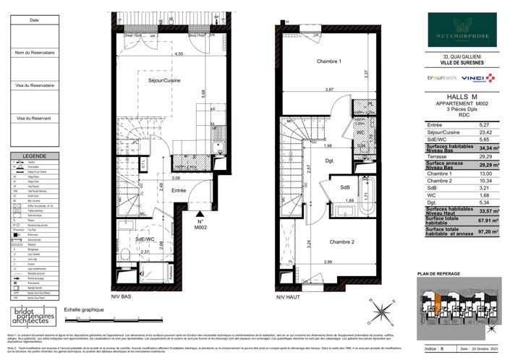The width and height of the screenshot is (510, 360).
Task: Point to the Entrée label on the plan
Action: tap(178, 190)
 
